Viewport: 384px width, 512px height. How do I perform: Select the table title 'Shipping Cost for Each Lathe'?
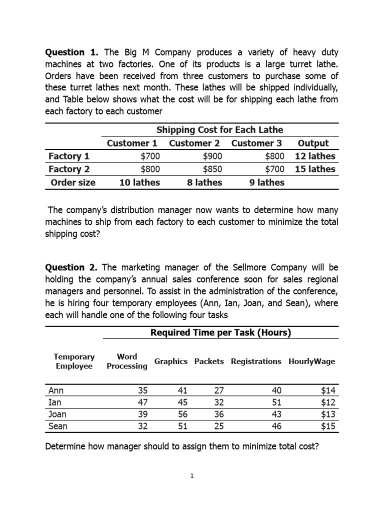point(220,130)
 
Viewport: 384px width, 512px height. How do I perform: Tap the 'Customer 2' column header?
point(194,143)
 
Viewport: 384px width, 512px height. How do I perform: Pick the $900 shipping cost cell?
point(212,156)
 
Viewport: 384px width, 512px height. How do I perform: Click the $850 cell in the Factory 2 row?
point(212,169)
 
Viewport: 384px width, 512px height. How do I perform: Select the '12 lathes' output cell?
point(315,156)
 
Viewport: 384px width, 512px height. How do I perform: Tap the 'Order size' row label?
point(73,182)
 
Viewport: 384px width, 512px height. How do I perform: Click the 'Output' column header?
point(313,143)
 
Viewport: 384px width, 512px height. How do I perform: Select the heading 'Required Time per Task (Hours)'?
point(220,333)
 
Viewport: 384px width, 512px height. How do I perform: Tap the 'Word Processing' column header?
point(127,361)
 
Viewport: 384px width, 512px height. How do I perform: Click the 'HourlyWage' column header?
point(311,361)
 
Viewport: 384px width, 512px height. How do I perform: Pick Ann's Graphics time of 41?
point(180,390)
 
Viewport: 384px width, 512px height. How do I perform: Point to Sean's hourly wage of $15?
point(328,426)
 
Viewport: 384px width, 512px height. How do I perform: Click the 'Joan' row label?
point(57,414)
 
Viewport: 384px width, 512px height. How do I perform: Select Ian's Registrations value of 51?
point(275,402)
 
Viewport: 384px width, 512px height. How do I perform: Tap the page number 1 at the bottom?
point(192,476)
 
